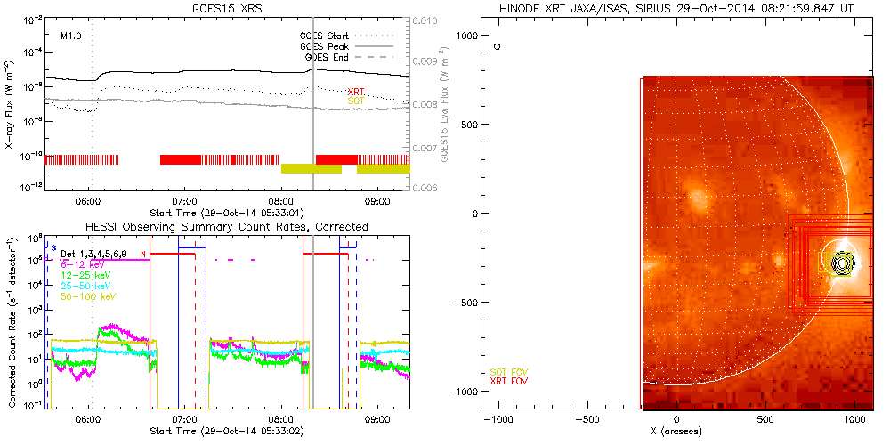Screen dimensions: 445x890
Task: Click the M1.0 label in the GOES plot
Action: (x=71, y=36)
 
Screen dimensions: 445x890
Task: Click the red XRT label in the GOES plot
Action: (x=356, y=91)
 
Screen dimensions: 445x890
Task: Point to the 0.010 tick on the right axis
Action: (x=428, y=20)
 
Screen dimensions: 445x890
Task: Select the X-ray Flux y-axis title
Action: (x=8, y=103)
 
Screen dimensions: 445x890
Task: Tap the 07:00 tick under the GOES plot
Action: (x=184, y=201)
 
